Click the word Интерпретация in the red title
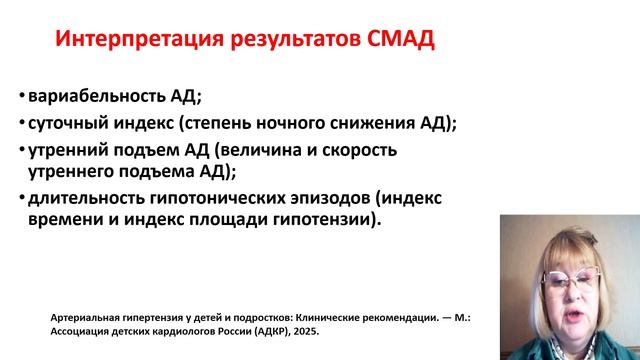(121, 43)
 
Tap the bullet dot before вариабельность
(21, 98)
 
